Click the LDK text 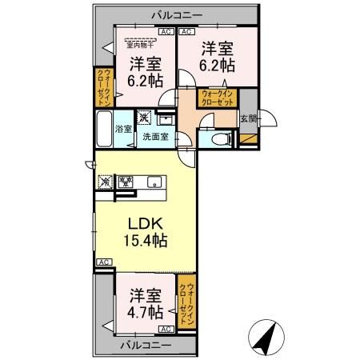pyautogui.click(x=144, y=222)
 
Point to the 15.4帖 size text pyautogui.click(x=144, y=238)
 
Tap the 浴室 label pyautogui.click(x=123, y=129)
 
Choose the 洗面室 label pyautogui.click(x=154, y=136)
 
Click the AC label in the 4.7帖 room pyautogui.click(x=164, y=329)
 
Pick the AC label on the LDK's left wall pyautogui.click(x=103, y=262)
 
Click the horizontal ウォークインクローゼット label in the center pyautogui.click(x=218, y=99)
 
